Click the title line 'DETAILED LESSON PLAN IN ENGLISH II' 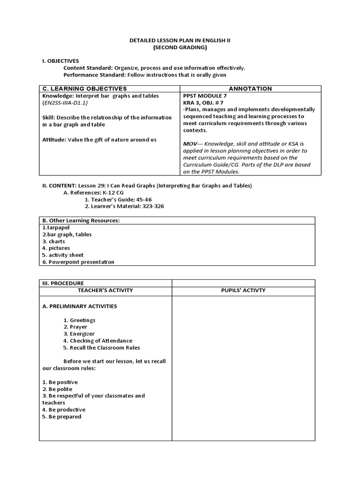click(x=180, y=41)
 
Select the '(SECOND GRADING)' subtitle click(x=180, y=48)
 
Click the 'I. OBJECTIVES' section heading click(x=60, y=61)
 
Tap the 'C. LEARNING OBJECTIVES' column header click(x=84, y=89)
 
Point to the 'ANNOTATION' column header click(x=250, y=89)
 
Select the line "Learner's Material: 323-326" click(x=124, y=206)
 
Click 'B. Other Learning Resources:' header click(x=80, y=220)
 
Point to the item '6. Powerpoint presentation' click(x=78, y=262)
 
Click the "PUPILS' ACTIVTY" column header click(x=243, y=290)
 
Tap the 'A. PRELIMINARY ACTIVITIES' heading click(x=80, y=306)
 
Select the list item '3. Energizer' click(x=79, y=334)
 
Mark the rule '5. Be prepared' click(x=61, y=417)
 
